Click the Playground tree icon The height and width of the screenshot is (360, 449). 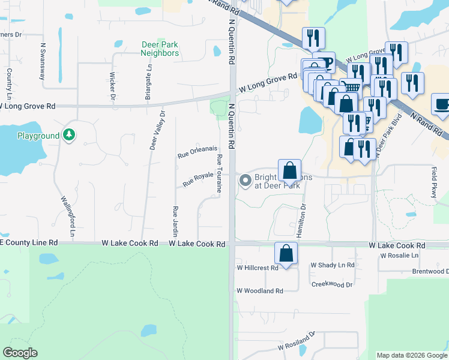point(70,135)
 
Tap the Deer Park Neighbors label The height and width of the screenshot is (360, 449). point(160,49)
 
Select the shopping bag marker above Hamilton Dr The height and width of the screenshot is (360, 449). point(289,170)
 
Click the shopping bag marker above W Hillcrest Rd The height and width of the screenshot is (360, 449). point(286,253)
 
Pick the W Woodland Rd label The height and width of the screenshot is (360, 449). point(259,291)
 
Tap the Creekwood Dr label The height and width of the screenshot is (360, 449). point(331,284)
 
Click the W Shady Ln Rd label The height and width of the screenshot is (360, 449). point(333,265)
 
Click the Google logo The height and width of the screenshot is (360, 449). point(20,353)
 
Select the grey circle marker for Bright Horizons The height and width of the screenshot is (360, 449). point(245,180)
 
